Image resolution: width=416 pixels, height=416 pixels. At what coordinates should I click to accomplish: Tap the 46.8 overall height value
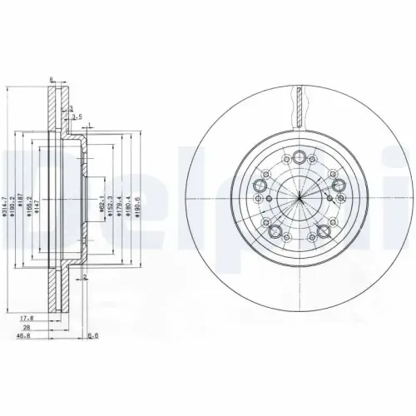(x=30, y=336)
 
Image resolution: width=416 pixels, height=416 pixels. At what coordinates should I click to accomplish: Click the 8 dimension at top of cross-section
(x=52, y=80)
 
